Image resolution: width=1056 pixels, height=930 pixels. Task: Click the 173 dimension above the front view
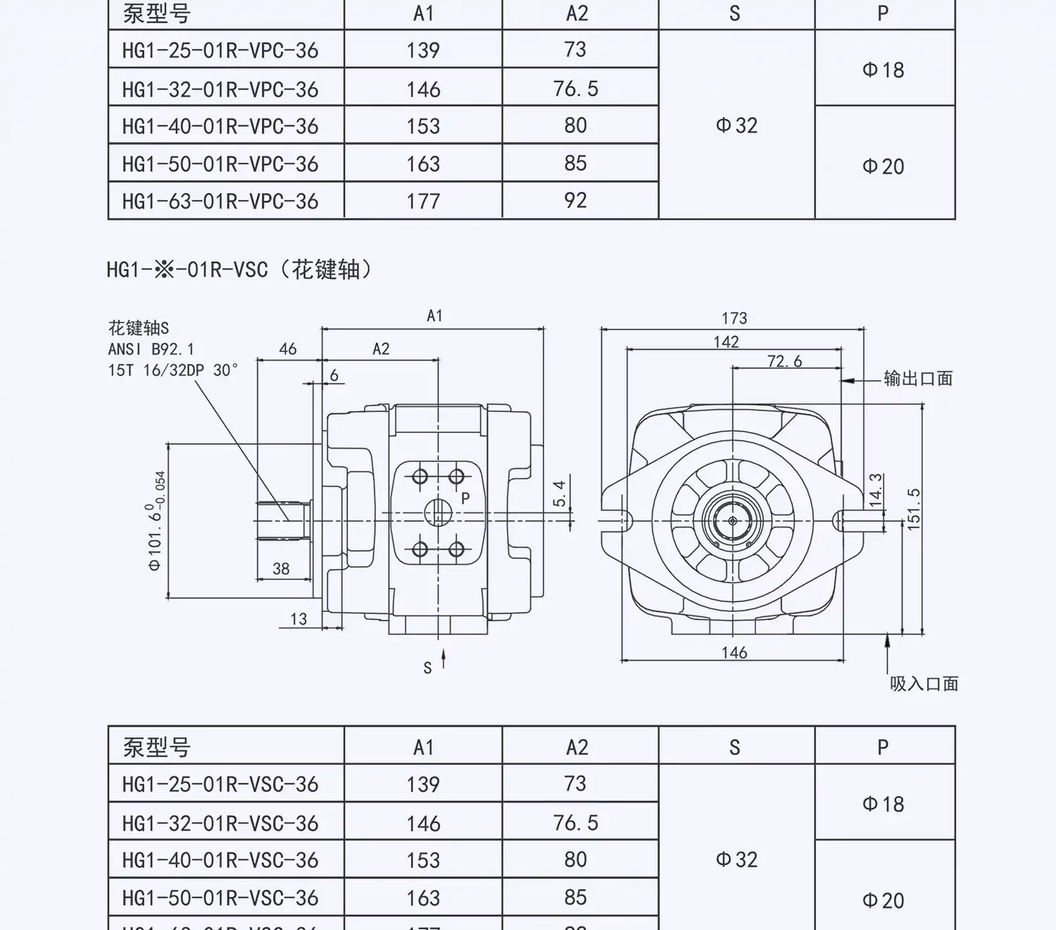click(x=734, y=318)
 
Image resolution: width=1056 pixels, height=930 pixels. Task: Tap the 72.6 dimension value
click(x=784, y=361)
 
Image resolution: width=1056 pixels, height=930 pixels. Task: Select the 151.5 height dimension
click(x=914, y=508)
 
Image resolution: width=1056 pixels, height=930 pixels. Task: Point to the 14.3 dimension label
click(x=876, y=490)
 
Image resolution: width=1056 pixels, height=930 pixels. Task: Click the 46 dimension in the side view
click(x=288, y=348)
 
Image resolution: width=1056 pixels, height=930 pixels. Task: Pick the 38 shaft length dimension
click(x=281, y=569)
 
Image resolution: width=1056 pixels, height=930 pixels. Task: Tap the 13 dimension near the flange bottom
click(x=298, y=619)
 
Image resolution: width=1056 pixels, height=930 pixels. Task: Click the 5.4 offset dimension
click(x=559, y=494)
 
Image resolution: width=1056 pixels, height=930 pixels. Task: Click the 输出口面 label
click(x=918, y=379)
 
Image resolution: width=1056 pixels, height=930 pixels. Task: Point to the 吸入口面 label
click(x=924, y=684)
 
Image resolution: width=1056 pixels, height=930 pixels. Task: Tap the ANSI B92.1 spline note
click(x=151, y=349)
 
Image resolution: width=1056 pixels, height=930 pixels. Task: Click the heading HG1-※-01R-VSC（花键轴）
click(x=239, y=269)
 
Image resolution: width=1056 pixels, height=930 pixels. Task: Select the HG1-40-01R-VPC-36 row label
click(x=220, y=126)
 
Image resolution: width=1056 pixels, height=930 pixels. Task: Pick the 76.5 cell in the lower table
click(x=575, y=822)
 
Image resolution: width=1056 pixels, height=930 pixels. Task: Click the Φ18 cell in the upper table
click(x=883, y=70)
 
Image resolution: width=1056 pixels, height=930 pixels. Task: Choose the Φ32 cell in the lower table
click(x=736, y=860)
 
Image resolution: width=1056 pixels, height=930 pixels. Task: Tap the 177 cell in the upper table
click(x=423, y=201)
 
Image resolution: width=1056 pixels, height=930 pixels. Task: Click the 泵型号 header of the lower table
click(x=156, y=747)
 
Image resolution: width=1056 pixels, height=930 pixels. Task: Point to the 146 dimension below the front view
click(x=734, y=653)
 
